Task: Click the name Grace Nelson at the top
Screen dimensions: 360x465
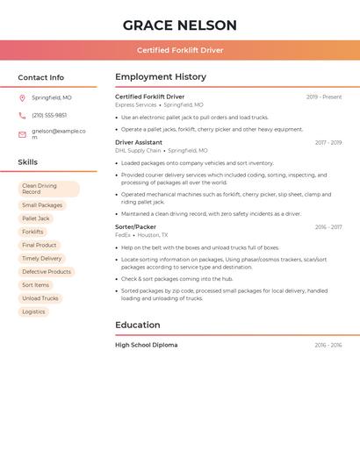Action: pos(179,25)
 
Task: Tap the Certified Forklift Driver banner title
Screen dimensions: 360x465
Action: pos(180,50)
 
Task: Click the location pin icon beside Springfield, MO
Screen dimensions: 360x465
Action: pos(22,97)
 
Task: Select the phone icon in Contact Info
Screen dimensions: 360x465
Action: pos(22,115)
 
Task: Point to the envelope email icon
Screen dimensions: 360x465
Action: pos(22,133)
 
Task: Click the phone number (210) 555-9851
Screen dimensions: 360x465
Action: pos(49,115)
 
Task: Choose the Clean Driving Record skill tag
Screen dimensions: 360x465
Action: pos(48,189)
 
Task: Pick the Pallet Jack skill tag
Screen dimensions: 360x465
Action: pos(36,218)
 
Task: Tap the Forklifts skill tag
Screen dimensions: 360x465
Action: pos(32,232)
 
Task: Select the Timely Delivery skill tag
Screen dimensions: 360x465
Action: pos(42,259)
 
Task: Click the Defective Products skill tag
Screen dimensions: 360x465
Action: pos(47,272)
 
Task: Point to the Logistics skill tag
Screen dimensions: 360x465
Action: pos(33,311)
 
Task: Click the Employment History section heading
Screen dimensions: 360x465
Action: pos(160,77)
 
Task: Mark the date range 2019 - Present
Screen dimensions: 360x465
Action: pos(324,97)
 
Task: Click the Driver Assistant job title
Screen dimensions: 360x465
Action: pos(139,142)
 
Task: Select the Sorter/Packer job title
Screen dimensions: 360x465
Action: pos(135,227)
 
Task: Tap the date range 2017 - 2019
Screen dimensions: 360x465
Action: pos(328,142)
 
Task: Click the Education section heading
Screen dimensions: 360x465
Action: pos(138,325)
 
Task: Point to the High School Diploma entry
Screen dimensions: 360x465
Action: pos(146,345)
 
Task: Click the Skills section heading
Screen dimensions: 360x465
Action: pos(28,162)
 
